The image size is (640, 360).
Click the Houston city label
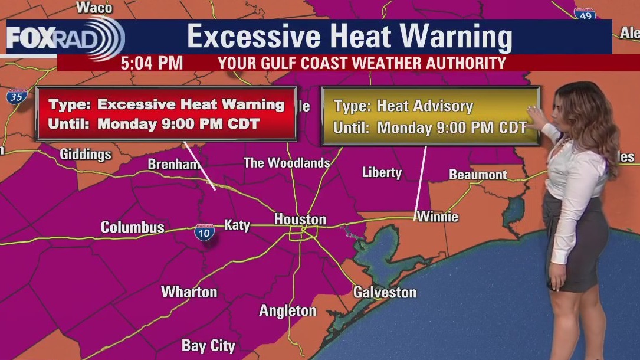click(300, 220)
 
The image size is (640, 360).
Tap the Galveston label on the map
click(385, 292)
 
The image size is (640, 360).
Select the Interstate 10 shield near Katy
click(204, 232)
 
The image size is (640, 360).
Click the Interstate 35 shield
click(18, 96)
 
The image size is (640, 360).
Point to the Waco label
click(94, 8)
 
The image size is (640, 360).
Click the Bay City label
click(208, 346)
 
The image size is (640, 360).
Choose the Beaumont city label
click(478, 175)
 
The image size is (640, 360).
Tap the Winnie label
click(437, 217)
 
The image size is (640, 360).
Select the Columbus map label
click(132, 227)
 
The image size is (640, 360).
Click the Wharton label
click(189, 292)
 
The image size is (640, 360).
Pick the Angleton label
click(288, 310)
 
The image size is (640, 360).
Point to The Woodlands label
click(287, 163)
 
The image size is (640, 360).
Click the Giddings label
click(86, 155)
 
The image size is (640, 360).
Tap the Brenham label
click(174, 164)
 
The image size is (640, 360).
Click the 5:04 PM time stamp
click(152, 63)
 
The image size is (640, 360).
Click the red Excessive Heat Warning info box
click(166, 114)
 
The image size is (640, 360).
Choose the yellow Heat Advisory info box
click(430, 116)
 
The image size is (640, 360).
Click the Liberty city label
click(382, 172)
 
